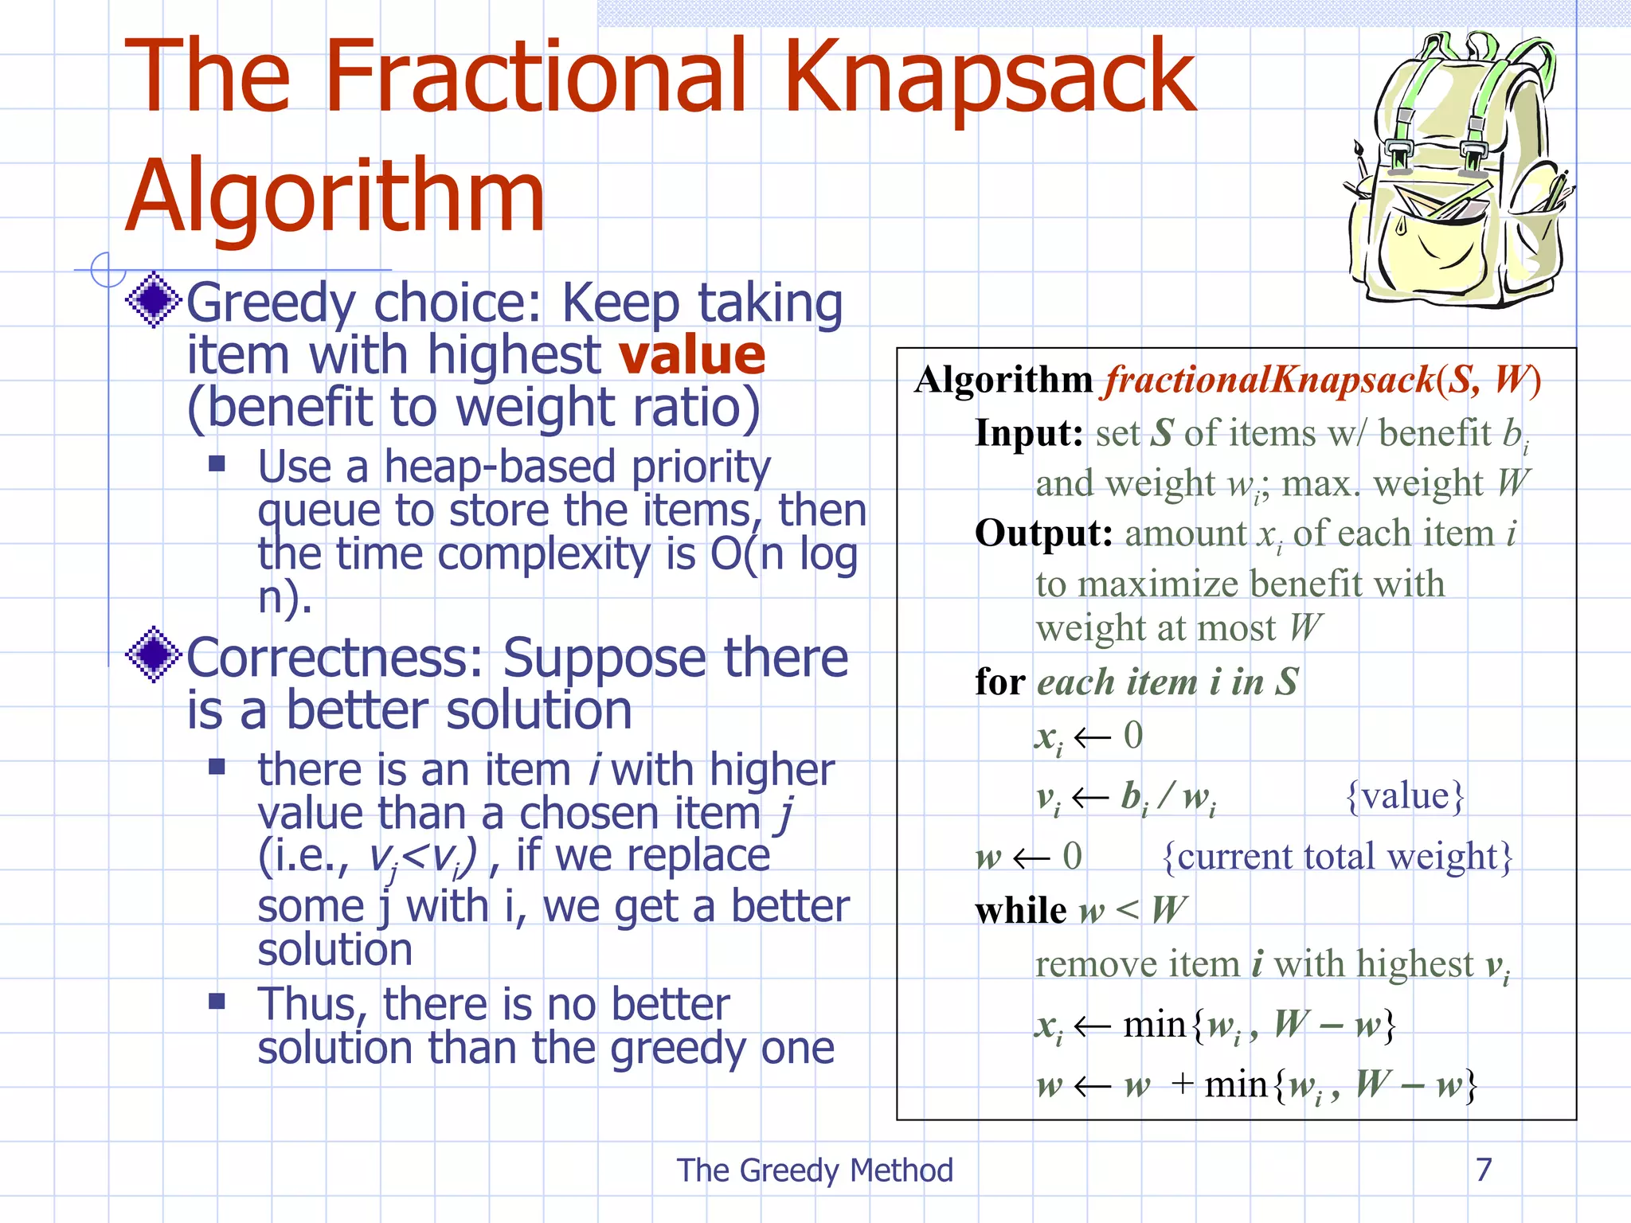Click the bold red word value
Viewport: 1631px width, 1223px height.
[692, 355]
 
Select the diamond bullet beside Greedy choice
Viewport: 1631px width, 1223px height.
[154, 299]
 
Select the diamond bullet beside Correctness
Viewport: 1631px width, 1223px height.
[154, 654]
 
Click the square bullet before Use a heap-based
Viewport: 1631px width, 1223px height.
[217, 463]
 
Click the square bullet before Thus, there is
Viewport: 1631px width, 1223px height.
[217, 1001]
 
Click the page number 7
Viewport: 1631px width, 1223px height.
[1483, 1170]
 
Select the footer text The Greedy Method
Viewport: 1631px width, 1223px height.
[815, 1170]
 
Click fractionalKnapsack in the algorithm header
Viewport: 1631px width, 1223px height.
[1269, 380]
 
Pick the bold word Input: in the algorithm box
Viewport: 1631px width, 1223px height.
[1029, 434]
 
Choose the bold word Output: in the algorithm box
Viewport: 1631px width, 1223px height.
[1043, 533]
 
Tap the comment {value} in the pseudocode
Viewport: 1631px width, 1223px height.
[1405, 795]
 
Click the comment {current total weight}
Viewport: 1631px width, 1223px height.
[1337, 857]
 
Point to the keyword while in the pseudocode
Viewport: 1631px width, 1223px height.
[1020, 910]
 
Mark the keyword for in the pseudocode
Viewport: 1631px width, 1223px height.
[999, 682]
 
